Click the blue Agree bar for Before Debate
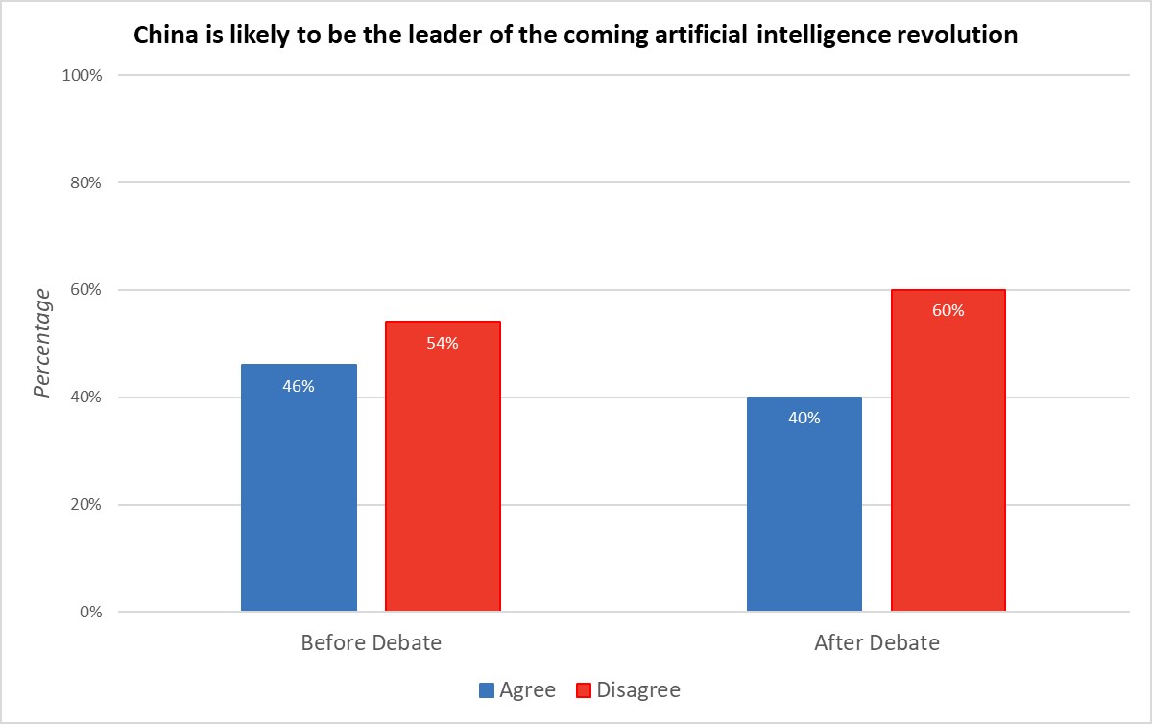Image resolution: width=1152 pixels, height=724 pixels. [x=299, y=487]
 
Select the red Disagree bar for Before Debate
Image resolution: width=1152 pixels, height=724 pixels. [x=443, y=466]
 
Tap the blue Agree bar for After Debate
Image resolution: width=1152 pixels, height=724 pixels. [x=804, y=504]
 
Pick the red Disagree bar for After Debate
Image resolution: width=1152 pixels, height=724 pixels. [x=948, y=449]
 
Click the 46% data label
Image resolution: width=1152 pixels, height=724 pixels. [x=299, y=386]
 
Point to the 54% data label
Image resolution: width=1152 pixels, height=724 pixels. [x=443, y=343]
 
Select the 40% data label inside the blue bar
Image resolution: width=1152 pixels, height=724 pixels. [x=804, y=418]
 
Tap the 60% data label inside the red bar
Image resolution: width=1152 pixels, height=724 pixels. [x=948, y=310]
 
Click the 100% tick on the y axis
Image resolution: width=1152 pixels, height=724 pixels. [x=82, y=75]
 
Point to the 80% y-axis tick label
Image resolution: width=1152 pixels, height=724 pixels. [x=85, y=182]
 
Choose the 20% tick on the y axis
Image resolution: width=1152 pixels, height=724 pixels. [x=85, y=504]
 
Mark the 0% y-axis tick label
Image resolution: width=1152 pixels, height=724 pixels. [x=90, y=612]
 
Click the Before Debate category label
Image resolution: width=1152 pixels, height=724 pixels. [x=371, y=642]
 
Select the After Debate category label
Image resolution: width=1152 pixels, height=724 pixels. [x=876, y=642]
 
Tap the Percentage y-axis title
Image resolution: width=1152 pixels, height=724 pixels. [x=42, y=343]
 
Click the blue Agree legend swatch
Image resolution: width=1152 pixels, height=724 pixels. [x=487, y=690]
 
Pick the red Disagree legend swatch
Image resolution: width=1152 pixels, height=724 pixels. [x=584, y=690]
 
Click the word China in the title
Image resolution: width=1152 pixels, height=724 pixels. [x=165, y=35]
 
